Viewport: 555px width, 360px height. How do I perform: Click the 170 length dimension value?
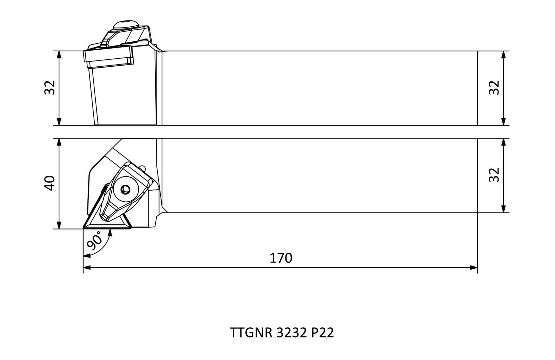coord(281,258)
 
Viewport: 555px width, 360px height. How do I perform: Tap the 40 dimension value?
coord(50,183)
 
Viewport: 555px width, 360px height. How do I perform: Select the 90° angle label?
coord(94,240)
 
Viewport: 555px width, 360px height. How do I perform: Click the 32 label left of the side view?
coord(50,87)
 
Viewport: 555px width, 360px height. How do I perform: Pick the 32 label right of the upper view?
coord(494,87)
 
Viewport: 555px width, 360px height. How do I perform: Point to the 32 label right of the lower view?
coord(494,175)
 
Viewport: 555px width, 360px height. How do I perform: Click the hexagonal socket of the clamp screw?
coord(125,190)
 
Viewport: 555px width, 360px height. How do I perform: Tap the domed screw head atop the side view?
coord(126,25)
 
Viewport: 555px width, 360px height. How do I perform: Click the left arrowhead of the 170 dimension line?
coord(87,268)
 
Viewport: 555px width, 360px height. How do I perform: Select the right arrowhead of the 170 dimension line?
coord(474,268)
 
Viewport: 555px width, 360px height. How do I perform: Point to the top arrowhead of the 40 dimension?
coord(59,142)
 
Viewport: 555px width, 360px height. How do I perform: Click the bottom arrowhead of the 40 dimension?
coord(59,225)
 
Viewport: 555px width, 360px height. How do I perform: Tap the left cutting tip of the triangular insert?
coord(84,228)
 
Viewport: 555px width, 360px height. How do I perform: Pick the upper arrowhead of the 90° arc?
coord(110,233)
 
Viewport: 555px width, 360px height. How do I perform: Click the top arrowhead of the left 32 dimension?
coord(59,55)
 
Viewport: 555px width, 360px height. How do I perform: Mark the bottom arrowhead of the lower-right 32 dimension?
coord(503,209)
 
